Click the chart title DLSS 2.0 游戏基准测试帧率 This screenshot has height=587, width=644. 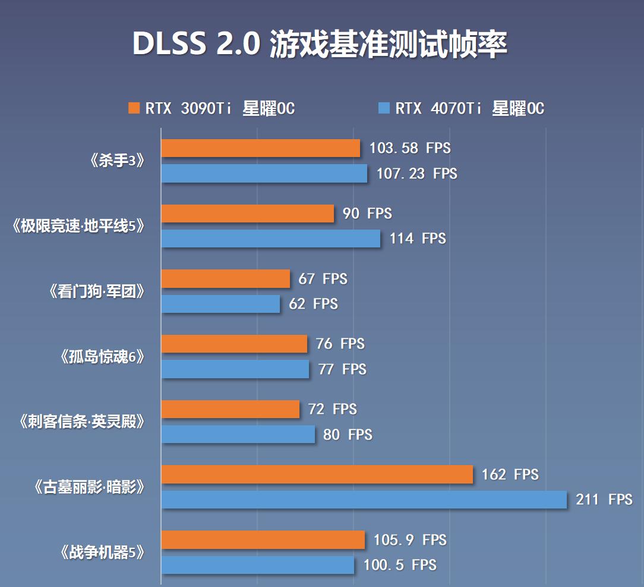(x=320, y=45)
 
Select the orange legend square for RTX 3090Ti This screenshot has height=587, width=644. (x=134, y=108)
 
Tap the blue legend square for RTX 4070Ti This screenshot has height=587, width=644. (x=384, y=108)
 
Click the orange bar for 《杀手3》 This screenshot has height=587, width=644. (x=260, y=148)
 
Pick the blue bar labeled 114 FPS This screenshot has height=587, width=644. (x=270, y=238)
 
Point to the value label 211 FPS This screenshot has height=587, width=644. (x=604, y=499)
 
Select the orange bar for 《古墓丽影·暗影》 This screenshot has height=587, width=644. (x=317, y=474)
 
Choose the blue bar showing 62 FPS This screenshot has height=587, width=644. (x=220, y=304)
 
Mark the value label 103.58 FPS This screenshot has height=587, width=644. (x=409, y=148)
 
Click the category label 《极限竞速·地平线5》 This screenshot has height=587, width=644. (x=78, y=227)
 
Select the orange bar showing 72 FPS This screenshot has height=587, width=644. (x=230, y=409)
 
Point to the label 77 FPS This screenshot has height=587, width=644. (x=342, y=369)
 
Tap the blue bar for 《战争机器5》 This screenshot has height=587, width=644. (x=257, y=564)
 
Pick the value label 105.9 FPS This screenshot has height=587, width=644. (x=409, y=540)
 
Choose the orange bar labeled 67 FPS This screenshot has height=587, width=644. (x=225, y=278)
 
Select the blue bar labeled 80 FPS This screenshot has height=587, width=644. (x=238, y=434)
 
